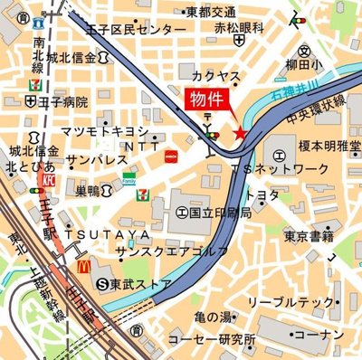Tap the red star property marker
(240, 133)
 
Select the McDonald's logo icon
(83, 266)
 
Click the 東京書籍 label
(309, 236)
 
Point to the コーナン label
(316, 336)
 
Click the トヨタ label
(262, 195)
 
